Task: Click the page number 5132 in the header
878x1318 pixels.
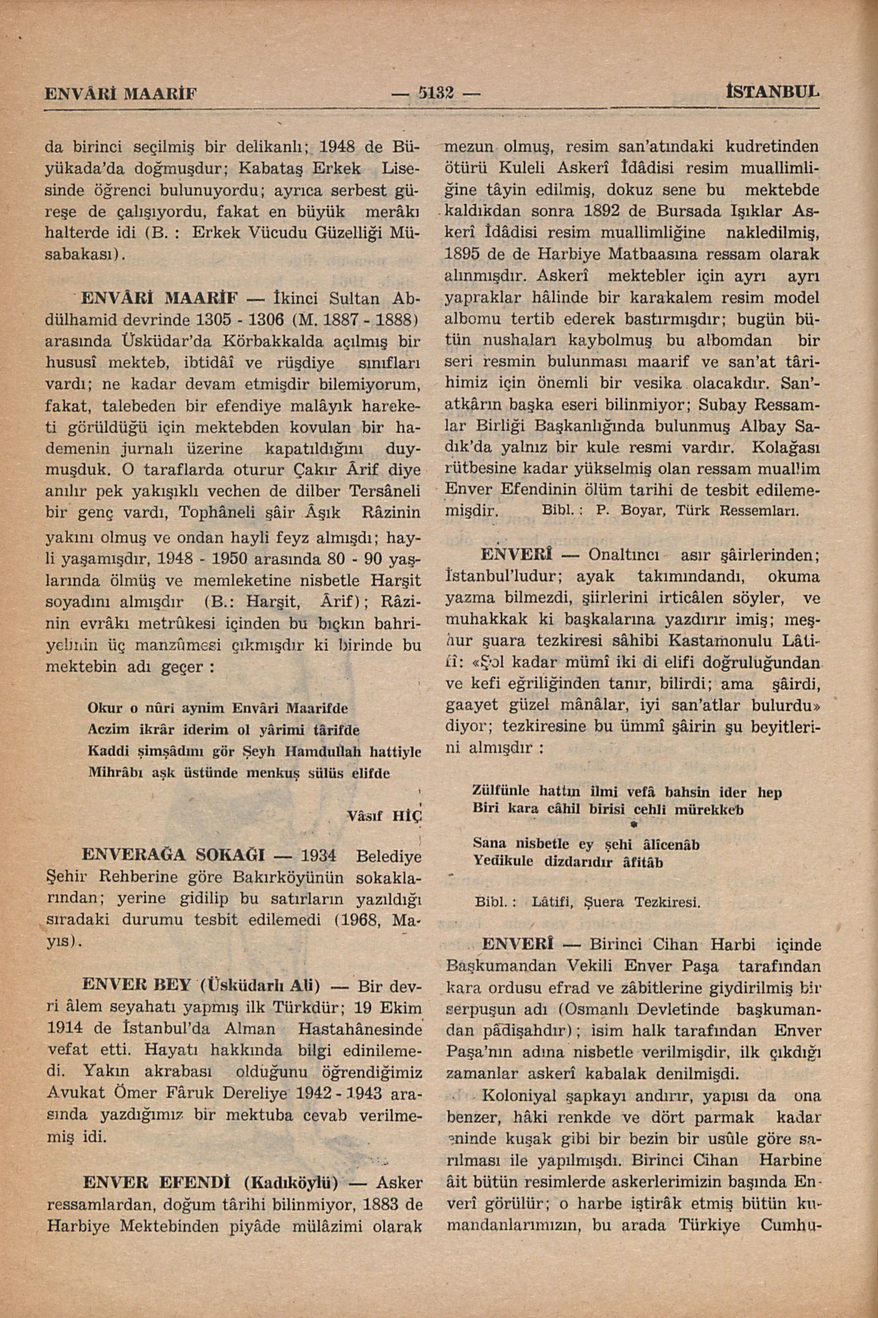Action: click(x=439, y=91)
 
